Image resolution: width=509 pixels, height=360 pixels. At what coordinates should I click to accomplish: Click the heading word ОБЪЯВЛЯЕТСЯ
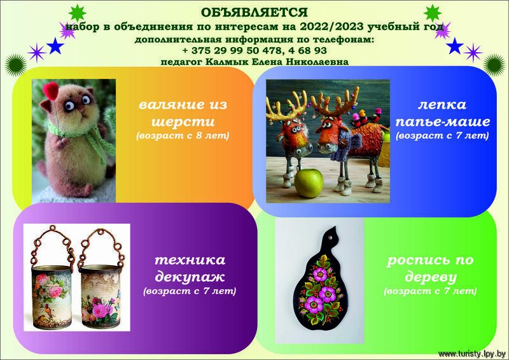click(254, 12)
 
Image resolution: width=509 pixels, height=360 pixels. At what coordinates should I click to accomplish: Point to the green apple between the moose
click(309, 183)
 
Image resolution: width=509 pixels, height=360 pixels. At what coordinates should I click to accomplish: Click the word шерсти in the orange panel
click(183, 121)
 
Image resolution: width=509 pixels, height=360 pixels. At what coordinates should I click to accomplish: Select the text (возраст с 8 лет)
click(183, 135)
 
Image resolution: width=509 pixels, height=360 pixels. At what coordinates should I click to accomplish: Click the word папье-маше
click(443, 121)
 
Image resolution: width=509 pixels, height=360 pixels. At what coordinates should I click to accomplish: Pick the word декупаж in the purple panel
click(190, 277)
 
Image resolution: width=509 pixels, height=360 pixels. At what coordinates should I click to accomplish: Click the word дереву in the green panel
click(431, 277)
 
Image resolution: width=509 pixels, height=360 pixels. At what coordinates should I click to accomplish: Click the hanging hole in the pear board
click(331, 238)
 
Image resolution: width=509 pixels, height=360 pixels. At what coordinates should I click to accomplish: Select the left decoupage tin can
click(52, 297)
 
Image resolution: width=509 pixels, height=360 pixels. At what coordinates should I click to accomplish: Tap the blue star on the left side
click(55, 46)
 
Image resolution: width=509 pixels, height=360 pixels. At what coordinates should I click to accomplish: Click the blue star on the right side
click(454, 46)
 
